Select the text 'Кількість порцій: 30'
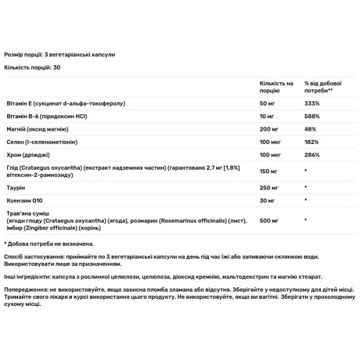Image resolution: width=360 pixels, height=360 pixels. coord(32,67)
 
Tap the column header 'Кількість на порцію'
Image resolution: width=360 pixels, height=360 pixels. coord(276,86)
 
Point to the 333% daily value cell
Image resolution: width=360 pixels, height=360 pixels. coord(312,104)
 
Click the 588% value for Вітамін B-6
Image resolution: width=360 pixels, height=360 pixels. coord(312,116)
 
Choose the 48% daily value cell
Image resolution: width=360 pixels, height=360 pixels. coord(310,130)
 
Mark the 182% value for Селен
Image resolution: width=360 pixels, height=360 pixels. coord(312,143)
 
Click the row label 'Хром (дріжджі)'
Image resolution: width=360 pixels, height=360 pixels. coord(27,156)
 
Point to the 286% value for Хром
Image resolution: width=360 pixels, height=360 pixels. coord(312,156)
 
